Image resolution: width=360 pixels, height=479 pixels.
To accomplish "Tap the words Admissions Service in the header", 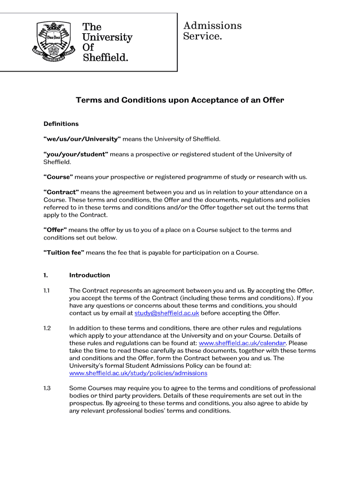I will click(212, 30).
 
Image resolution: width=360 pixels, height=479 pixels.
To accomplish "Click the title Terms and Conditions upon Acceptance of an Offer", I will click(180, 100).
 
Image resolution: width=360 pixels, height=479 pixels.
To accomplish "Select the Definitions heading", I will click(61, 124).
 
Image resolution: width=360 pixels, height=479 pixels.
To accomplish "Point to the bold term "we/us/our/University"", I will click(82, 139).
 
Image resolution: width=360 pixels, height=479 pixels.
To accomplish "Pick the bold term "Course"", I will click(58, 177).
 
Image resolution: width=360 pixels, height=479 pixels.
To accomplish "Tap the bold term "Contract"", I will click(61, 192).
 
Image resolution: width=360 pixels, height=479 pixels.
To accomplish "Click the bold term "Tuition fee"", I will click(64, 253).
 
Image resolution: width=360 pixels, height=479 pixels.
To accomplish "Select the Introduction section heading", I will click(89, 275).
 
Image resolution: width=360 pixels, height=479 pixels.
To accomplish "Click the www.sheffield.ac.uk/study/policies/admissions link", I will click(138, 373).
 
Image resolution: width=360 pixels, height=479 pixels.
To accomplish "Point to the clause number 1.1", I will click(47, 290).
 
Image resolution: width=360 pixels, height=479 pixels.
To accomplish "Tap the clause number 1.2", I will click(47, 328).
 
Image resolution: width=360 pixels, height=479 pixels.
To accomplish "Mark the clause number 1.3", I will click(47, 388).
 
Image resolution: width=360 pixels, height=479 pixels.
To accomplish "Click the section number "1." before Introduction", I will click(46, 275).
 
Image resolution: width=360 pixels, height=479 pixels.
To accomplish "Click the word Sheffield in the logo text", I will click(105, 58).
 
